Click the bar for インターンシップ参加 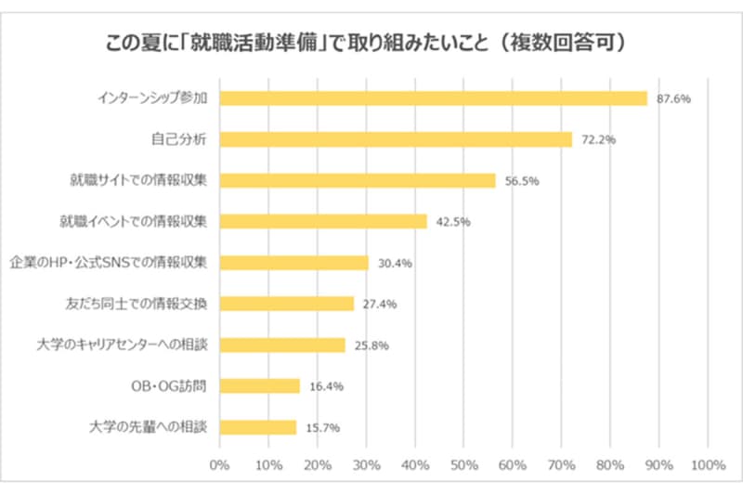[433, 98]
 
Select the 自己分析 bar [396, 139]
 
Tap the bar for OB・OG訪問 [259, 385]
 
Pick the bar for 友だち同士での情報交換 [286, 304]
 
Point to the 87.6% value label [673, 98]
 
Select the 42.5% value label [454, 222]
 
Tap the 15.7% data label [322, 427]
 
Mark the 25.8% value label [371, 345]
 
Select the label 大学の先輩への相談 [149, 426]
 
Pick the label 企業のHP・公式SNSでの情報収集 [111, 262]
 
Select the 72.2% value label [598, 139]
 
